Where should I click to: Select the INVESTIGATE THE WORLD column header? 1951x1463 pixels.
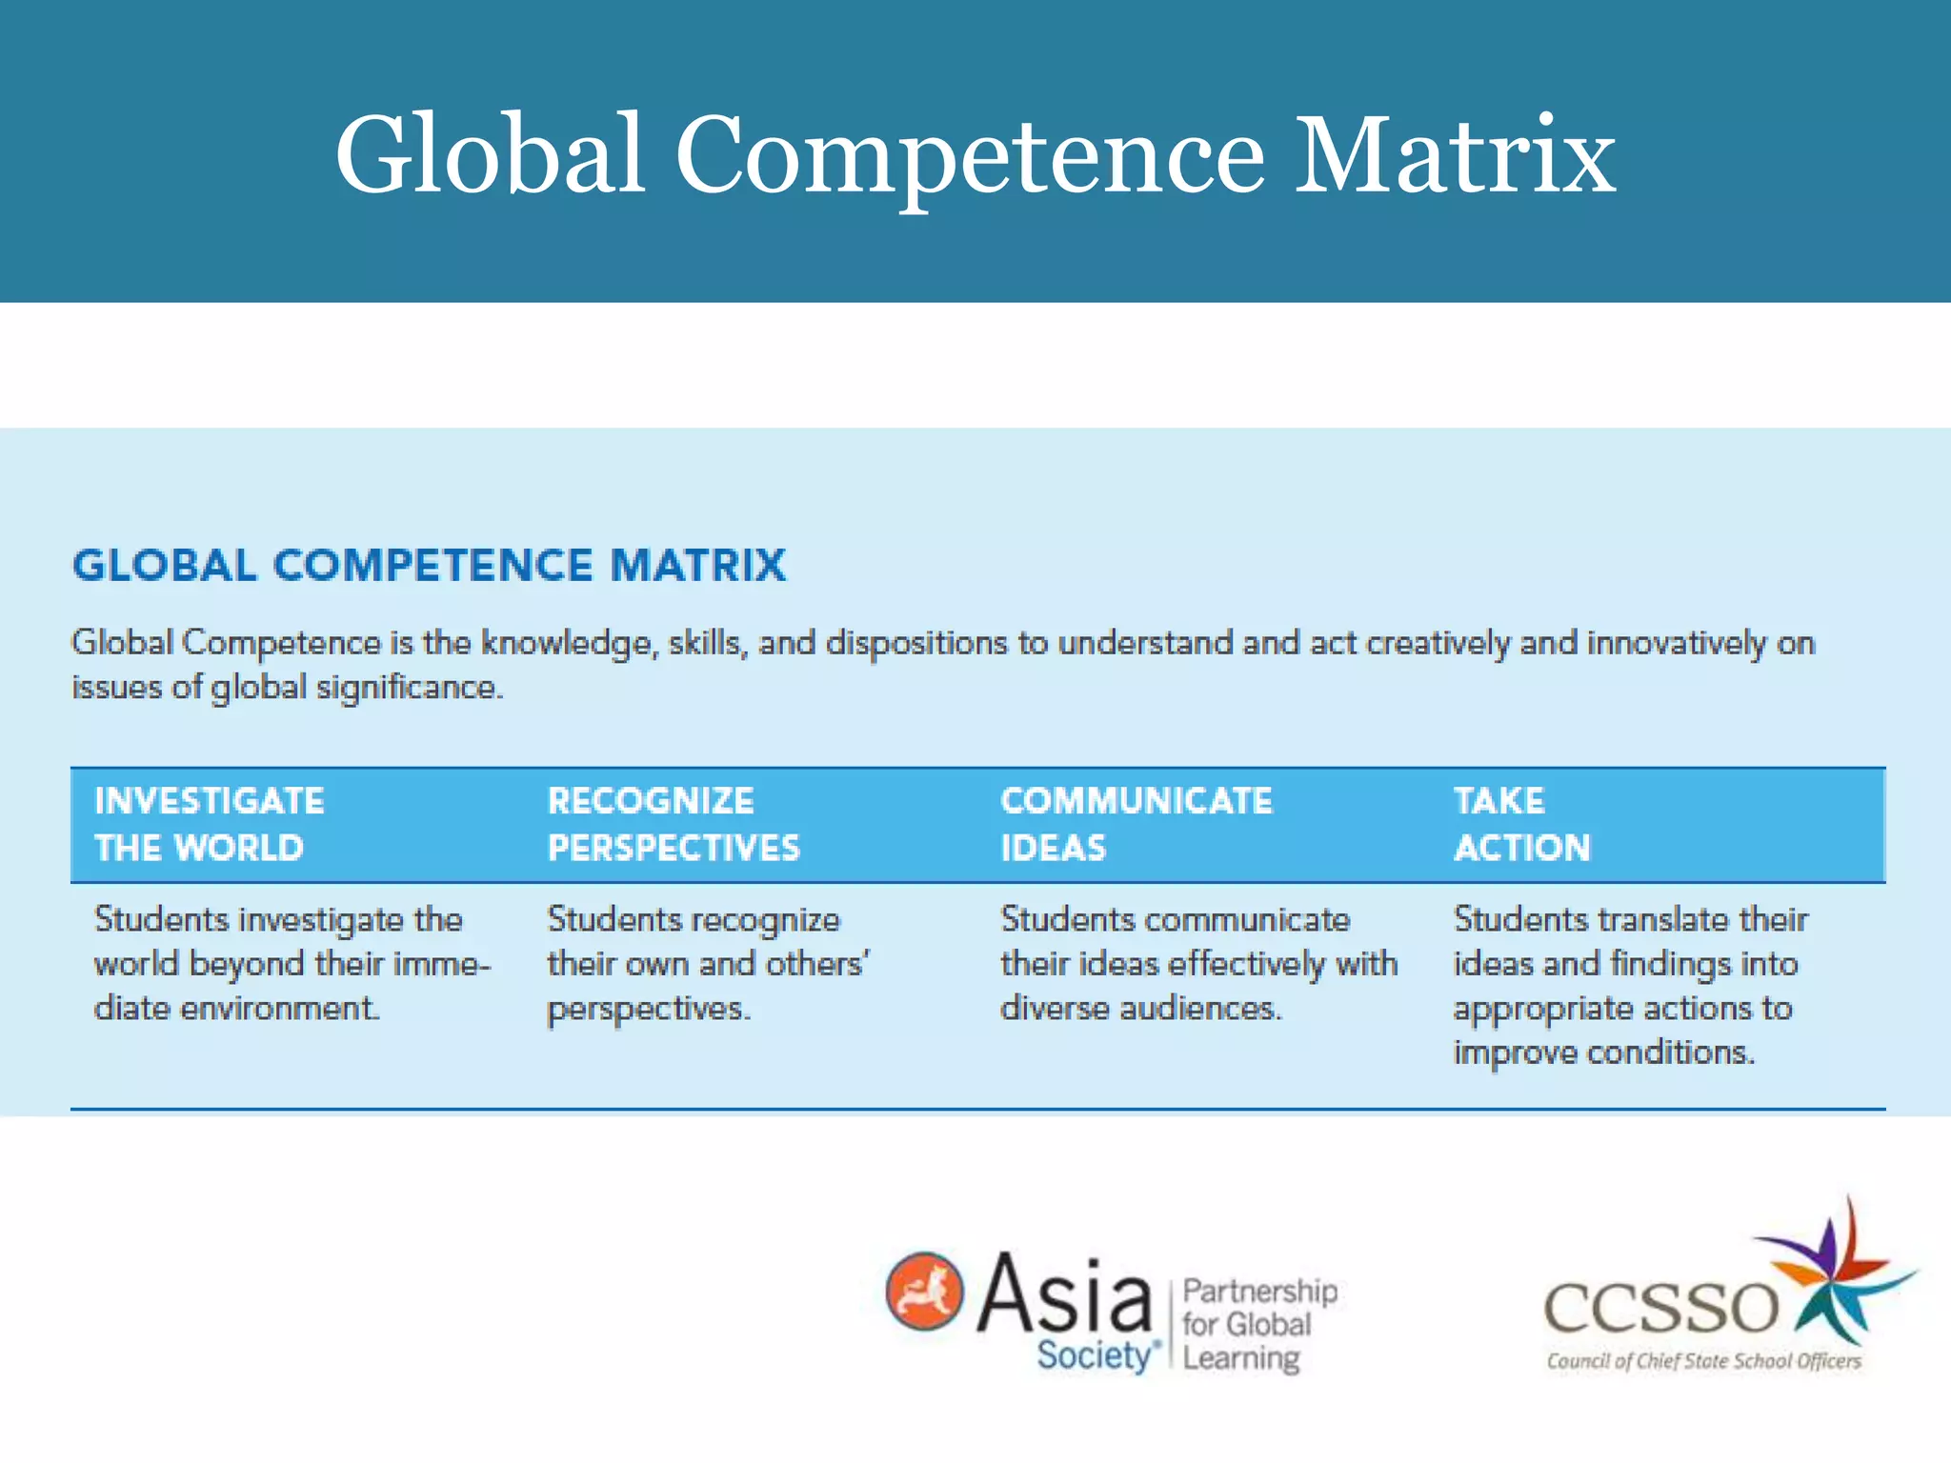210,824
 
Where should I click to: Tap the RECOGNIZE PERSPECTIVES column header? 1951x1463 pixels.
674,824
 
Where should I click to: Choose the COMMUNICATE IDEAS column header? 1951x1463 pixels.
1136,824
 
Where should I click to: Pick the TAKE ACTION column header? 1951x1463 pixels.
1521,824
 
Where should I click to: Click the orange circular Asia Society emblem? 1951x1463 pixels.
924,1292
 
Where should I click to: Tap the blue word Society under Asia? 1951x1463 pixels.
1096,1354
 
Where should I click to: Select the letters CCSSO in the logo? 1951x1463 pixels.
1660,1307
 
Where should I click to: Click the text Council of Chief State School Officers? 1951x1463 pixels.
1703,1361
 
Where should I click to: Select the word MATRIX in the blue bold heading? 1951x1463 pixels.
698,565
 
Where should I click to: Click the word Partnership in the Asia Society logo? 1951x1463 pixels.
1259,1292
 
